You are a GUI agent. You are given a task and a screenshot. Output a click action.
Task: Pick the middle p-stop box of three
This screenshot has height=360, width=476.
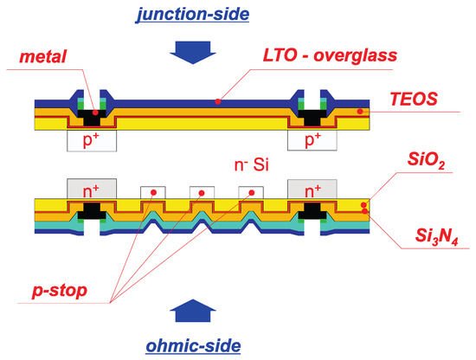tap(202, 191)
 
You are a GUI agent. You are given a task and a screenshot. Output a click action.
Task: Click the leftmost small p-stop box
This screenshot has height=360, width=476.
tap(152, 191)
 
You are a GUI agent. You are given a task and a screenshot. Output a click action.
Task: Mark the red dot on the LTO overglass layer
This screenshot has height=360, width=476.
tap(218, 101)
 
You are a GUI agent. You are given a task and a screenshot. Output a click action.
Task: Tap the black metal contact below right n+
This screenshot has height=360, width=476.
tap(309, 211)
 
